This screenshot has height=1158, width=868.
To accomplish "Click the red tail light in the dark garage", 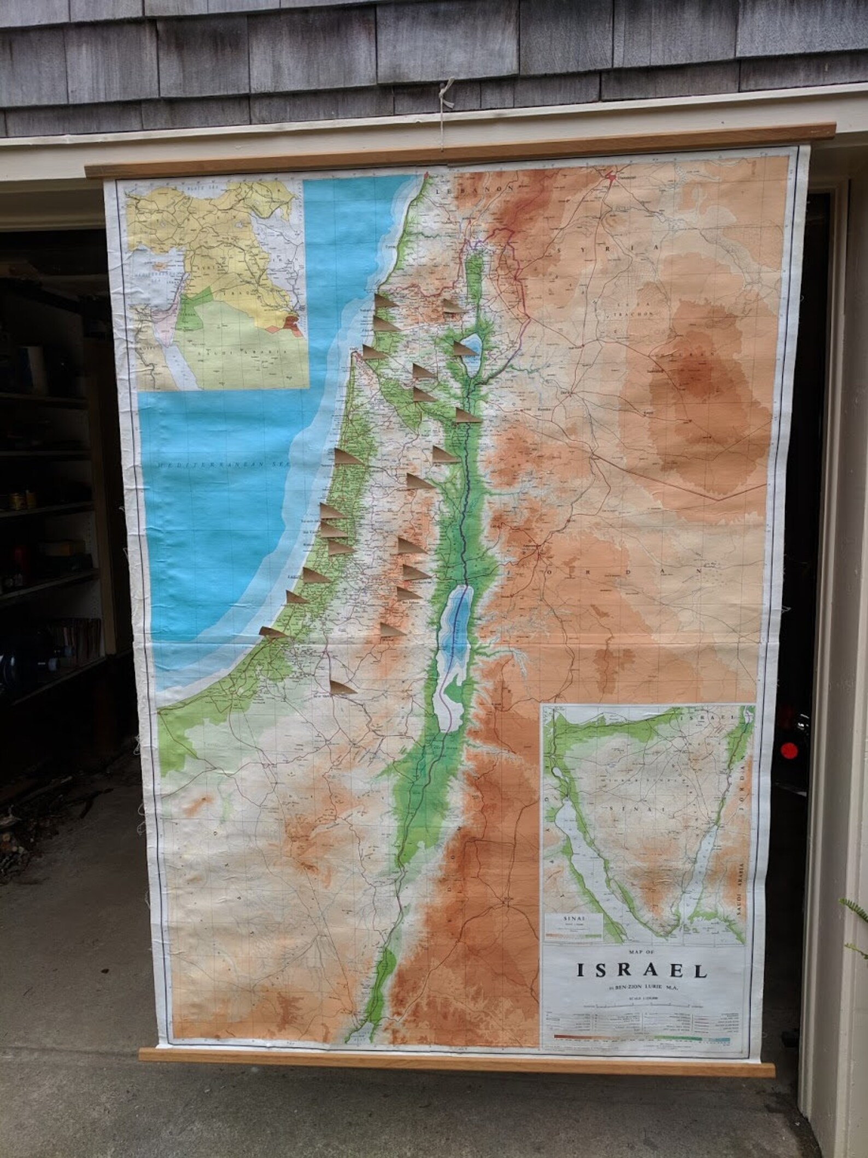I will pos(787,748).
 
